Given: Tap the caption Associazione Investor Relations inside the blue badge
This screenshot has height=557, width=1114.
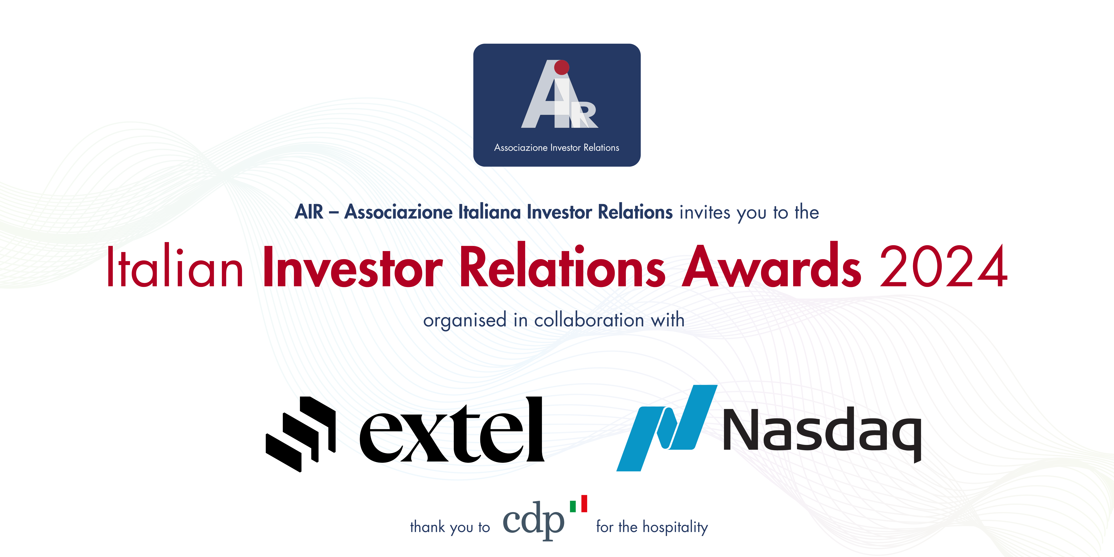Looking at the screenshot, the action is (557, 147).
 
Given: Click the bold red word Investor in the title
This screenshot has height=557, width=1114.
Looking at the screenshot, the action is (352, 267).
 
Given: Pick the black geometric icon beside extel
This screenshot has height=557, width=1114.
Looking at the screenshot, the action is (301, 434).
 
